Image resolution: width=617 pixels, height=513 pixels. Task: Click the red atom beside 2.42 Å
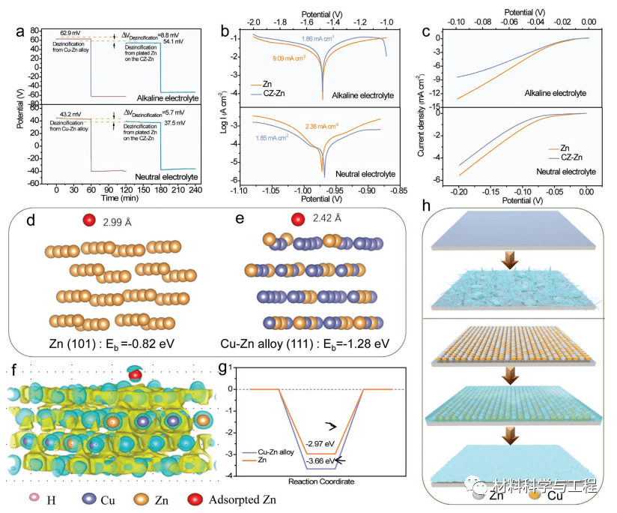click(299, 220)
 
